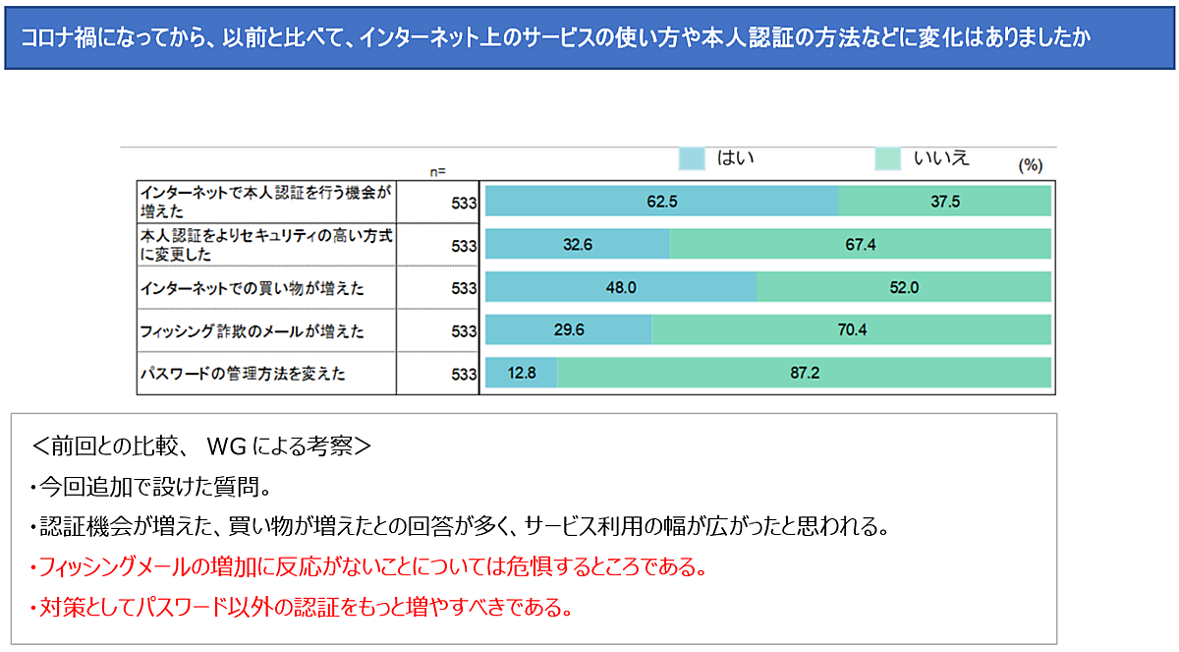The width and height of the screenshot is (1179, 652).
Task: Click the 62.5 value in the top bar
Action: (662, 202)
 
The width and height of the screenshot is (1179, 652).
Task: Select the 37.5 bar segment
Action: (944, 202)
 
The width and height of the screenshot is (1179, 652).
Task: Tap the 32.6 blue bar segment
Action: (578, 244)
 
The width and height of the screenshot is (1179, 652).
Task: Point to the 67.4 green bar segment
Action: (860, 244)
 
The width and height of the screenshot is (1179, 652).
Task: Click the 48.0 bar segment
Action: (621, 287)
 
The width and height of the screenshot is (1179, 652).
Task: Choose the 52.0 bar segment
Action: (903, 287)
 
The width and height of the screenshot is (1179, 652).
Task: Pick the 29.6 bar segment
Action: (569, 330)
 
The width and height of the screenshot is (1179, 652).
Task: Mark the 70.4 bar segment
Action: (851, 330)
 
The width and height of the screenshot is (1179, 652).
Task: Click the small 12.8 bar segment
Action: (522, 373)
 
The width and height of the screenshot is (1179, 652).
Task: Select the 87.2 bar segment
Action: (804, 373)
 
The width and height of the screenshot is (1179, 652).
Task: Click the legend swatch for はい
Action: (692, 158)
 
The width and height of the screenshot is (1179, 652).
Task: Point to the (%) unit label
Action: (1030, 165)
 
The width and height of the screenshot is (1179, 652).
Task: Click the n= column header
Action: (439, 171)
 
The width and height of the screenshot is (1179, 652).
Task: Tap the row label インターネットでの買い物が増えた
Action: (253, 288)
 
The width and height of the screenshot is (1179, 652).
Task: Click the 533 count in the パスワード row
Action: (463, 374)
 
